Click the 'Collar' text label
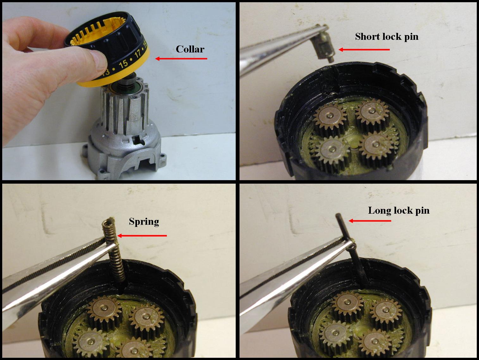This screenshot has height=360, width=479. (190, 49)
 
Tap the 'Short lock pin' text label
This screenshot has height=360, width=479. (387, 37)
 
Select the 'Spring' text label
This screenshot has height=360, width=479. (144, 222)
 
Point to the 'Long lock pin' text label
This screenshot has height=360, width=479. (399, 211)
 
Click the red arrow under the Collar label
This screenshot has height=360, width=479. (181, 58)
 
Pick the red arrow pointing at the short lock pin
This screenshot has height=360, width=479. (364, 50)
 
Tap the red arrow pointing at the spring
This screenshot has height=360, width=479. (142, 235)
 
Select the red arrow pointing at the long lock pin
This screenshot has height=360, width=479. (370, 221)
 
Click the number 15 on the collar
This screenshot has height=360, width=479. (123, 64)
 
